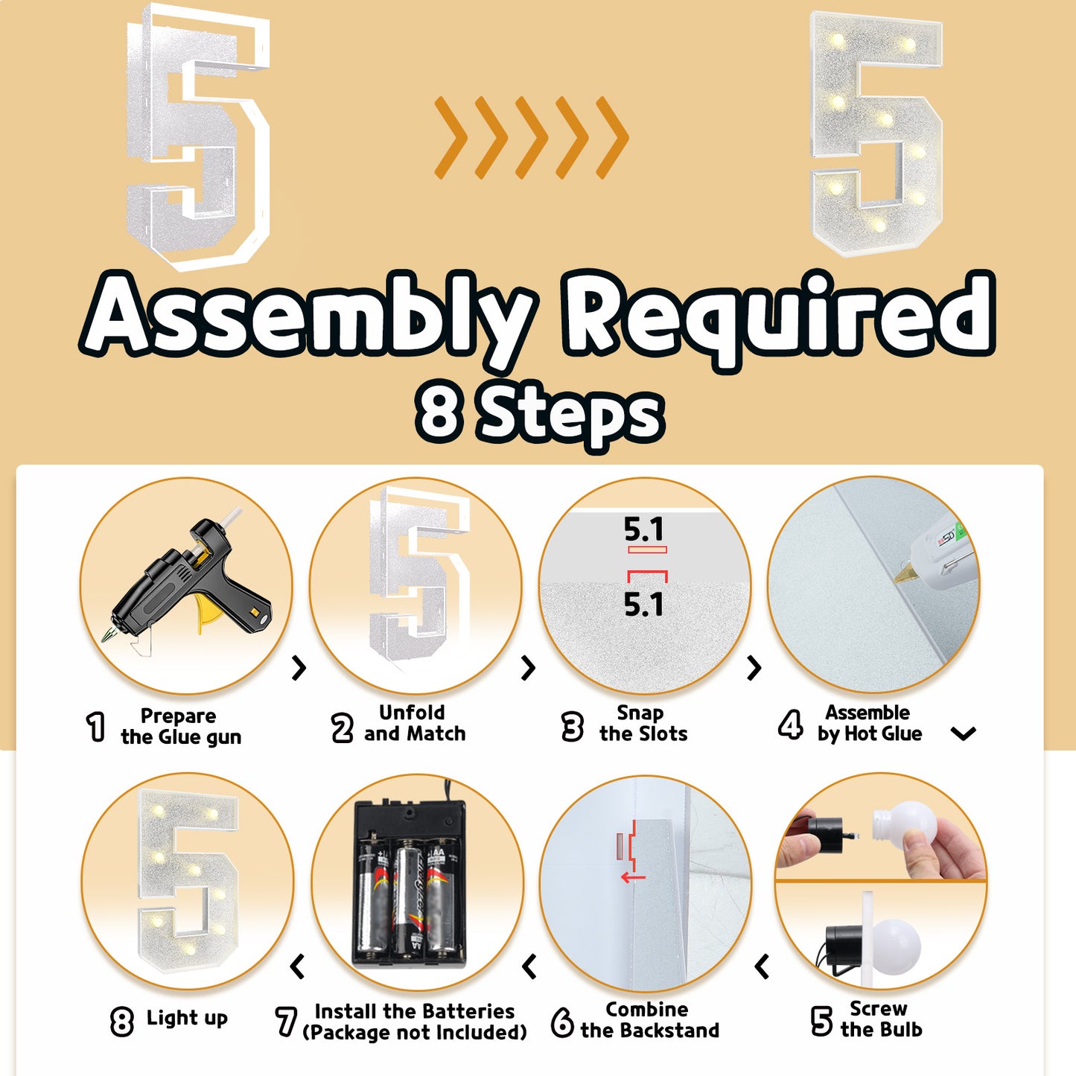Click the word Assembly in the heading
point(309,317)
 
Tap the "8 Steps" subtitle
point(539,415)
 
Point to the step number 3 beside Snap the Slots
point(573,727)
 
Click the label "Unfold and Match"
point(414,723)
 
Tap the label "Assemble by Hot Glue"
point(870,723)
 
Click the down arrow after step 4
point(964,733)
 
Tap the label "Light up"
point(187,1018)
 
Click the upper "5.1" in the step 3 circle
point(644,529)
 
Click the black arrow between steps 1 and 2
point(299,667)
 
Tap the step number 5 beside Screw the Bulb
point(821,1020)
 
